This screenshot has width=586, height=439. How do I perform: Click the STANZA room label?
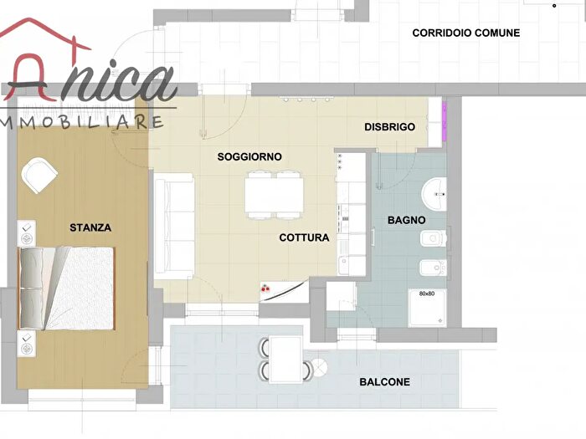click(x=90, y=227)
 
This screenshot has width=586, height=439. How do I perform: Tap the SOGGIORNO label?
click(x=249, y=156)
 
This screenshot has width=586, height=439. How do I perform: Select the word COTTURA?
click(x=304, y=237)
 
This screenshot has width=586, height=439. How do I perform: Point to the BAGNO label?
click(x=406, y=220)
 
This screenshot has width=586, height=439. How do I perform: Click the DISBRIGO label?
click(x=390, y=127)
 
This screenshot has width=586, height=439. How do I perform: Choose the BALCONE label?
click(x=384, y=382)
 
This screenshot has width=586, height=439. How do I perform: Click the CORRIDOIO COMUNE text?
click(x=466, y=33)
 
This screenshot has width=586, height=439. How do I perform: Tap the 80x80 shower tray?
click(x=427, y=308)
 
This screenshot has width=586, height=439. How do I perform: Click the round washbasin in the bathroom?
click(x=434, y=194)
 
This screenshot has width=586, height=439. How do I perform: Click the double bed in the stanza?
click(x=66, y=288)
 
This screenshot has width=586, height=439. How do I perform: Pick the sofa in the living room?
click(x=174, y=227)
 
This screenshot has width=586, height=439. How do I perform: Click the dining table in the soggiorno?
click(x=275, y=195)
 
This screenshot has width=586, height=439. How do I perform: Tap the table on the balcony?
click(x=286, y=360)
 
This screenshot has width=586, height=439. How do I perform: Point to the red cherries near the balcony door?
click(x=265, y=288)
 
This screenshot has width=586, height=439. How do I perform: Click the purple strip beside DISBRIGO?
click(x=445, y=121)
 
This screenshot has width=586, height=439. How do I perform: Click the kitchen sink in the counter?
click(x=343, y=265)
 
